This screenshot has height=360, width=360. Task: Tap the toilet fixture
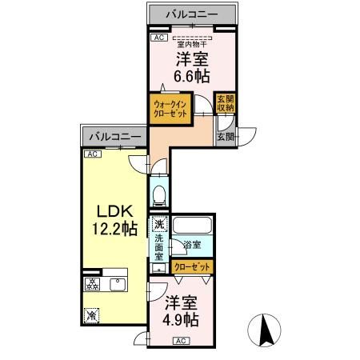click(159, 193)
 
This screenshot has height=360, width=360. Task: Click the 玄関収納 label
click(225, 105)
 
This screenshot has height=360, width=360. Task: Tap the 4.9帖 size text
click(182, 319)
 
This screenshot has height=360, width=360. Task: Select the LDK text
click(114, 211)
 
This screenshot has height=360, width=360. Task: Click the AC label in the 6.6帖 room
click(158, 38)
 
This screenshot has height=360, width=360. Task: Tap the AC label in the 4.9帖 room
click(181, 340)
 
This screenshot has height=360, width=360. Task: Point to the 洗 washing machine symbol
click(158, 225)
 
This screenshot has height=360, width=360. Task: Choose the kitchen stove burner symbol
click(90, 283)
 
